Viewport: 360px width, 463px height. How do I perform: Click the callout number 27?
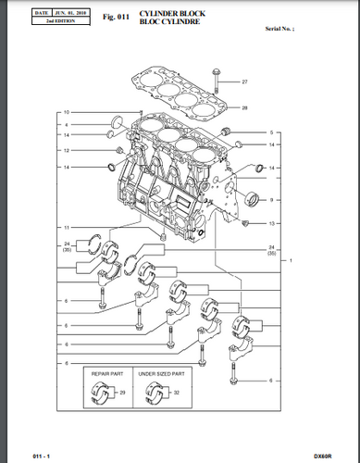click(245, 83)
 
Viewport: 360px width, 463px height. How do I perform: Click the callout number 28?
click(245, 108)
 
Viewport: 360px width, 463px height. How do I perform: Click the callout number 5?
click(271, 132)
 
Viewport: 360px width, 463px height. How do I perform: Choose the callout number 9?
click(271, 199)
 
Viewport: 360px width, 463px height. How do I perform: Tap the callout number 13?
click(271, 224)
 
